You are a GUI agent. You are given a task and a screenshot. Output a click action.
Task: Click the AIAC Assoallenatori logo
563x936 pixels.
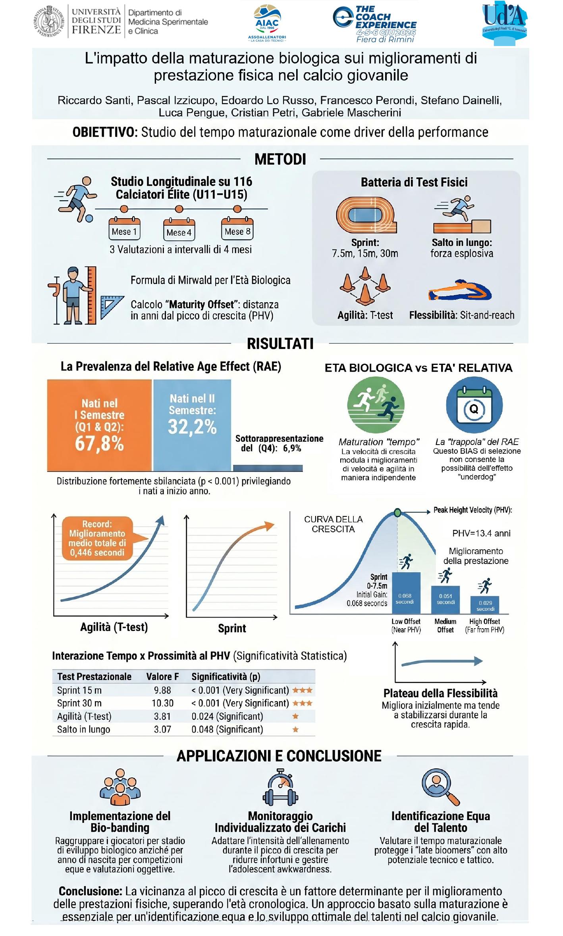266,23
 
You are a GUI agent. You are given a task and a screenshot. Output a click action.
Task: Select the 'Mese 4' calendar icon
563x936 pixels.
179,229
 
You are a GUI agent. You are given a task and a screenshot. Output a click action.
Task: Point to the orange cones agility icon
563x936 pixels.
365,285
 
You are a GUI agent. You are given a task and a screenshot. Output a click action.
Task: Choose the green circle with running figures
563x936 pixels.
376,405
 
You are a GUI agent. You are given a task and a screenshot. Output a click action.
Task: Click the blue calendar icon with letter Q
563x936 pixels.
474,405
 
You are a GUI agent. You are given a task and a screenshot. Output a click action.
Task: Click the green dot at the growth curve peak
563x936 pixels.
397,512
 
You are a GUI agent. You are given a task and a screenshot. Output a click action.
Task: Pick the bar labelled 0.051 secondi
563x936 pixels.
445,600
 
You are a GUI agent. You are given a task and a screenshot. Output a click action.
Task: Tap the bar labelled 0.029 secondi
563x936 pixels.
485,605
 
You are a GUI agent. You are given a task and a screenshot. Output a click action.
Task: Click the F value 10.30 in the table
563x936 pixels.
162,703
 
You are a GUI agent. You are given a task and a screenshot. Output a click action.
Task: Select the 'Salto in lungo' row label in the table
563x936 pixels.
83,729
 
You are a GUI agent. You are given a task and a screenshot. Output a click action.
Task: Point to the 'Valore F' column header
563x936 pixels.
162,676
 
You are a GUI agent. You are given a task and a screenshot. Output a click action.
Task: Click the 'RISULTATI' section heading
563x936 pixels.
280,344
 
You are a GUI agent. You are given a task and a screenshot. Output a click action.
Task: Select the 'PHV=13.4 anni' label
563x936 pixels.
481,533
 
